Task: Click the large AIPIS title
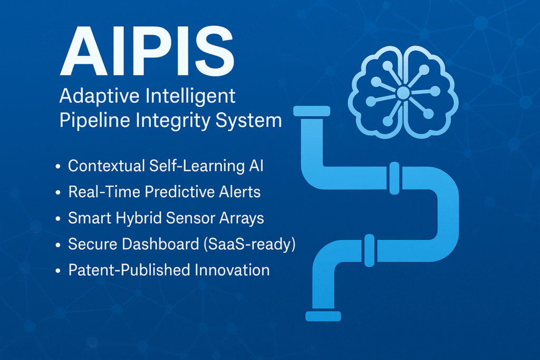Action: click(x=148, y=51)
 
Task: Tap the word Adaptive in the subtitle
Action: click(x=99, y=96)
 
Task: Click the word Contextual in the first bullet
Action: click(x=107, y=166)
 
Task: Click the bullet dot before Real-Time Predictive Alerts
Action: click(x=58, y=192)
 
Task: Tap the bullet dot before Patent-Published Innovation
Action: click(x=58, y=271)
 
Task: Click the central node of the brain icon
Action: click(x=403, y=93)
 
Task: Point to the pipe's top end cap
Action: click(x=312, y=111)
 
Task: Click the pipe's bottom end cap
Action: click(x=323, y=316)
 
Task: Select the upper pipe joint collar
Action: click(x=394, y=178)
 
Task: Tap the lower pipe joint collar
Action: click(x=370, y=250)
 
